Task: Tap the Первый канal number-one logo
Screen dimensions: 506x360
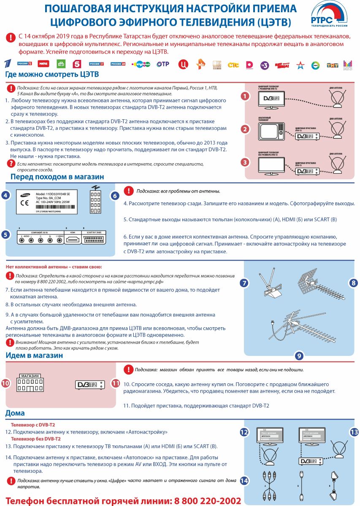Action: click(x=8, y=64)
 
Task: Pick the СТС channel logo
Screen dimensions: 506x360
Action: click(x=233, y=65)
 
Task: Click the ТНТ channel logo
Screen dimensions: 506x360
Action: click(x=333, y=65)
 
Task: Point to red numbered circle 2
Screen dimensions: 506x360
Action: click(x=244, y=129)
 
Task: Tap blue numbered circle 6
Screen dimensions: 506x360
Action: click(x=115, y=196)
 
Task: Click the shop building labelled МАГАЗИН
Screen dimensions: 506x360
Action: click(x=30, y=383)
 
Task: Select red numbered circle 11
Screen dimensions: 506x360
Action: click(x=116, y=383)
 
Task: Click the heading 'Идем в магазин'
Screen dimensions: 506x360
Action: click(x=35, y=355)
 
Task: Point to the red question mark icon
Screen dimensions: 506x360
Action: click(x=11, y=164)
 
